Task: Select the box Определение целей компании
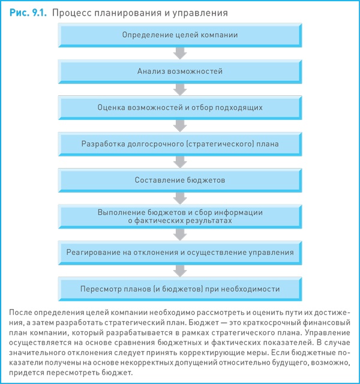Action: pyautogui.click(x=180, y=35)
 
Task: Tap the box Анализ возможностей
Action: pyautogui.click(x=180, y=71)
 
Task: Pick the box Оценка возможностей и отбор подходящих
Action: pyautogui.click(x=180, y=108)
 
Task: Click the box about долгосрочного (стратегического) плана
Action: pyautogui.click(x=180, y=144)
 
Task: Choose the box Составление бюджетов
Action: pyautogui.click(x=180, y=180)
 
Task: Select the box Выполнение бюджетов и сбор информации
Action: pyautogui.click(x=180, y=216)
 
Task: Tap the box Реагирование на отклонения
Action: pyautogui.click(x=180, y=252)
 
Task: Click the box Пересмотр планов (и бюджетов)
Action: pyautogui.click(x=180, y=288)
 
